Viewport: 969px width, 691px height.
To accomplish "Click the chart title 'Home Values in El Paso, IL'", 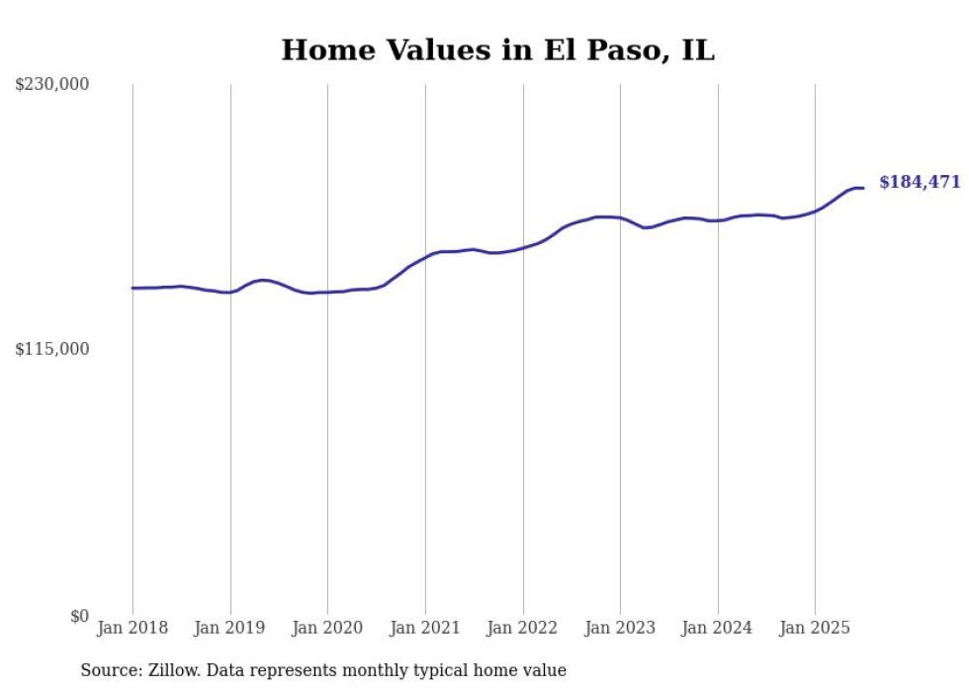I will (x=497, y=50).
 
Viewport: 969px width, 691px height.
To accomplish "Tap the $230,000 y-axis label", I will (x=52, y=85).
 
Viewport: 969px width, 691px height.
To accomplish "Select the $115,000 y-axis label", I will (x=52, y=349).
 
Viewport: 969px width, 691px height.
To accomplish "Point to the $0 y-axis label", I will (x=79, y=616).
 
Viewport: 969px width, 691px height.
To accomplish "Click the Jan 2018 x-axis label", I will (x=132, y=628).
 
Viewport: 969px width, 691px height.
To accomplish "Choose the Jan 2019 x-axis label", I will (x=230, y=628).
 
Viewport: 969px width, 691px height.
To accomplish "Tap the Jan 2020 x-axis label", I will (x=327, y=628).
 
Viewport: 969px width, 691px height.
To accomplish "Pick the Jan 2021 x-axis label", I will (x=425, y=628).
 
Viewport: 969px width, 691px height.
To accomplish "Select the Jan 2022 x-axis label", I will (x=523, y=628).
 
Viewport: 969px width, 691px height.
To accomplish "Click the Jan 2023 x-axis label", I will (x=620, y=628).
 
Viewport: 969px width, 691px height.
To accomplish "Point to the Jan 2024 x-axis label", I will (x=718, y=628).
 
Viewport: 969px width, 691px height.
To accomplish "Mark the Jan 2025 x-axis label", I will (x=815, y=628).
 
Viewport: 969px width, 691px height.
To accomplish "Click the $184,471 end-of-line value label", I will (x=920, y=182).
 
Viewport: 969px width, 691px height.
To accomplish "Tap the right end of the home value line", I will (x=863, y=188).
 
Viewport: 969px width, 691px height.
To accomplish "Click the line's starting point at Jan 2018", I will (x=132, y=288).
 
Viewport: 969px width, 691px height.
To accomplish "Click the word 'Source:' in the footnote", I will (x=110, y=670).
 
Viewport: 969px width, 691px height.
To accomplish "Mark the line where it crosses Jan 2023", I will (x=620, y=217).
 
